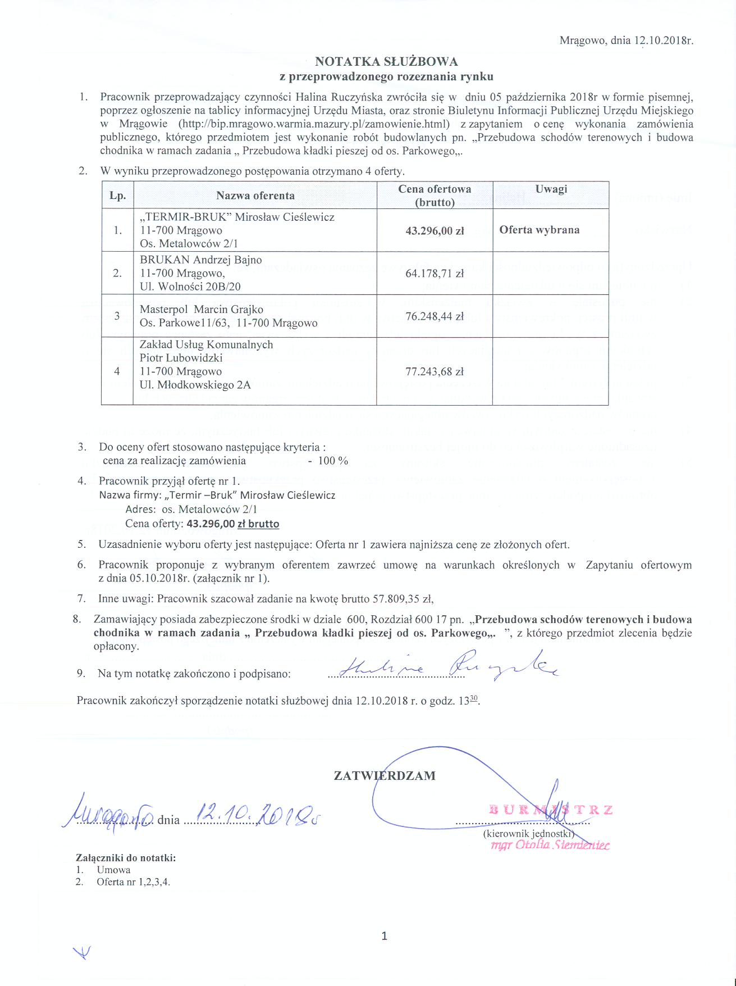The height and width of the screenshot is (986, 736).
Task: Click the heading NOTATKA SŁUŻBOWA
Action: pyautogui.click(x=386, y=61)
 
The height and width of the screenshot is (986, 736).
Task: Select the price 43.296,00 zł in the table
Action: pyautogui.click(x=435, y=230)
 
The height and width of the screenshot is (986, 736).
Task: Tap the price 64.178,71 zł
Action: pyautogui.click(x=435, y=274)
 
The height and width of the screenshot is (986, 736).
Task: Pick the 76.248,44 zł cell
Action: pyautogui.click(x=435, y=316)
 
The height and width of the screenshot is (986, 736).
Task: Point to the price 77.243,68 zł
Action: pyautogui.click(x=435, y=371)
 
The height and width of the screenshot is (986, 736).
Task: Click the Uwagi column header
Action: pyautogui.click(x=551, y=189)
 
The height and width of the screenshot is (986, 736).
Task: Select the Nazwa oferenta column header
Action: pyautogui.click(x=255, y=196)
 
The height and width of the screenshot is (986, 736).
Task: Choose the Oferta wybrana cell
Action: pyautogui.click(x=540, y=230)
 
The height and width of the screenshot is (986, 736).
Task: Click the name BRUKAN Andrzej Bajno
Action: pyautogui.click(x=201, y=260)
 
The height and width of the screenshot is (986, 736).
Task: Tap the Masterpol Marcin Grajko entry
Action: pyautogui.click(x=202, y=309)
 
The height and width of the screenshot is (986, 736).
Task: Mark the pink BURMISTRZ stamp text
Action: pyautogui.click(x=550, y=810)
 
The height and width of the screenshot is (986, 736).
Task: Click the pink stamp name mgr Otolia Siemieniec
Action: pyautogui.click(x=550, y=845)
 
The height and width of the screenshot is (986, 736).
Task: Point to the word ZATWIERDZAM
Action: pyautogui.click(x=385, y=776)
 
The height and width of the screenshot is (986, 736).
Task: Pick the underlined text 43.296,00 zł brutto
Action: pyautogui.click(x=232, y=524)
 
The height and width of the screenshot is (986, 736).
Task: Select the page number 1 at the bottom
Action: pyautogui.click(x=384, y=935)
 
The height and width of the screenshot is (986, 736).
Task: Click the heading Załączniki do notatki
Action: pyautogui.click(x=126, y=858)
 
